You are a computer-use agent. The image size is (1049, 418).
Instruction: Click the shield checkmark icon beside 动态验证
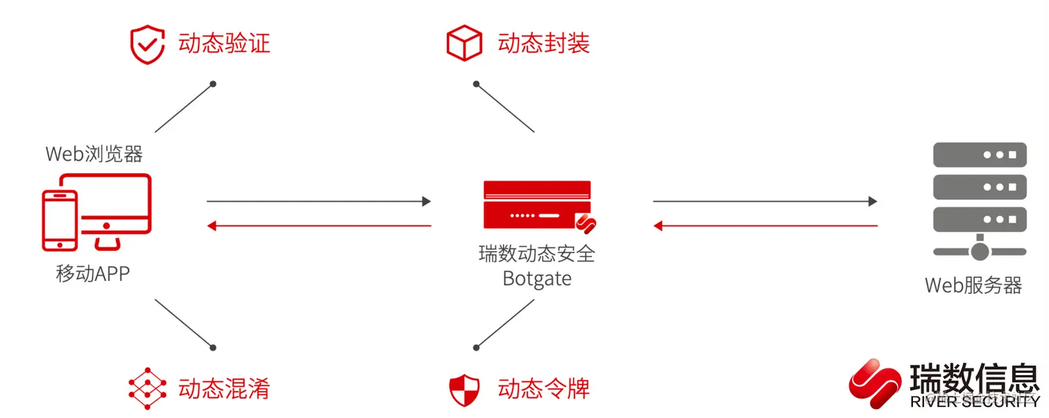click(x=147, y=45)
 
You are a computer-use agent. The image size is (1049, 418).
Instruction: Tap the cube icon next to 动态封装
click(x=463, y=43)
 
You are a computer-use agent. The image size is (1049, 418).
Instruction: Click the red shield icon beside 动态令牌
click(x=463, y=389)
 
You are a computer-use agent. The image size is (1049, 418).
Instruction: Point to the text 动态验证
click(x=224, y=44)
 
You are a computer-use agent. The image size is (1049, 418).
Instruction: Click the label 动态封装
click(x=543, y=44)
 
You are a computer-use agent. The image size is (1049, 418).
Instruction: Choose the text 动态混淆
click(x=224, y=388)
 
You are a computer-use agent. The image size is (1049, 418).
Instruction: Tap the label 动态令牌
click(x=543, y=388)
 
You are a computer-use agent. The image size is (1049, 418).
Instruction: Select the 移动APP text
click(x=92, y=274)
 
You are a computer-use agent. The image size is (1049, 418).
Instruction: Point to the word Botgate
click(x=537, y=279)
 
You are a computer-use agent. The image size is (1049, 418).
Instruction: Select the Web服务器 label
click(x=973, y=285)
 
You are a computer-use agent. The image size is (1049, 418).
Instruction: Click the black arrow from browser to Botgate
click(x=318, y=202)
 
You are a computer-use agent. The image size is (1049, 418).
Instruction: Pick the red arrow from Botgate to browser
click(x=318, y=225)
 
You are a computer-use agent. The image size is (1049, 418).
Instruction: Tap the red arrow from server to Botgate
click(x=765, y=225)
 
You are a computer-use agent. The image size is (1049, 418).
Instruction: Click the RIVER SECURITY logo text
click(x=974, y=401)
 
